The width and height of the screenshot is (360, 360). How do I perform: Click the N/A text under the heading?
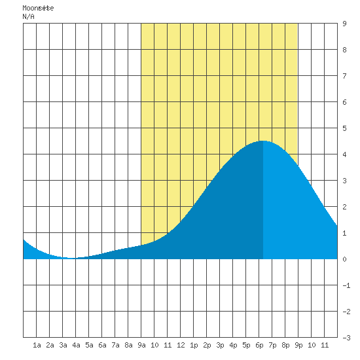(28, 16)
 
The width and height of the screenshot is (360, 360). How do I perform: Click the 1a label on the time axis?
(37, 345)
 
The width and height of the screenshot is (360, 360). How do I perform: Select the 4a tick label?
(76, 345)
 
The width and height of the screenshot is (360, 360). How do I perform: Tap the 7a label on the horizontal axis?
(115, 345)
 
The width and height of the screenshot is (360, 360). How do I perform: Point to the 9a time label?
(141, 345)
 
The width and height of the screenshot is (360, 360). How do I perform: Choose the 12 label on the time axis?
(181, 345)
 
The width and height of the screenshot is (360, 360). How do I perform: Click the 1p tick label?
(194, 345)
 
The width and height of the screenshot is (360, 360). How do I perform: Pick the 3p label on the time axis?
(220, 345)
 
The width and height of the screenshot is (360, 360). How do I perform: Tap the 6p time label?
(259, 345)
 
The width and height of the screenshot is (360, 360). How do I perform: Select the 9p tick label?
(298, 345)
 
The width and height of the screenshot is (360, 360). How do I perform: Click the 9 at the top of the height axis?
(344, 24)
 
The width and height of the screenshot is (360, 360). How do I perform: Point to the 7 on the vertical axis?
(344, 76)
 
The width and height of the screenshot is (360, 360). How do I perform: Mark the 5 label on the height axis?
(344, 128)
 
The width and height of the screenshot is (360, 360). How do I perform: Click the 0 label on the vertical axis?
(344, 259)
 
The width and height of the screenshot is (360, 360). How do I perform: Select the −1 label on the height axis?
(347, 285)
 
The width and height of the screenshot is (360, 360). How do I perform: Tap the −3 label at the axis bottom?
(347, 338)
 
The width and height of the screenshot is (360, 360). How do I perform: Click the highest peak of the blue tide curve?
(263, 141)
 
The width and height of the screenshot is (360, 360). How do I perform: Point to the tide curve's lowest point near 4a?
(71, 259)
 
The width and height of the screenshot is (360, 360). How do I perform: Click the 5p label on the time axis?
(246, 345)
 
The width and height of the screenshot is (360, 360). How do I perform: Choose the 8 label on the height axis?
(344, 50)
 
